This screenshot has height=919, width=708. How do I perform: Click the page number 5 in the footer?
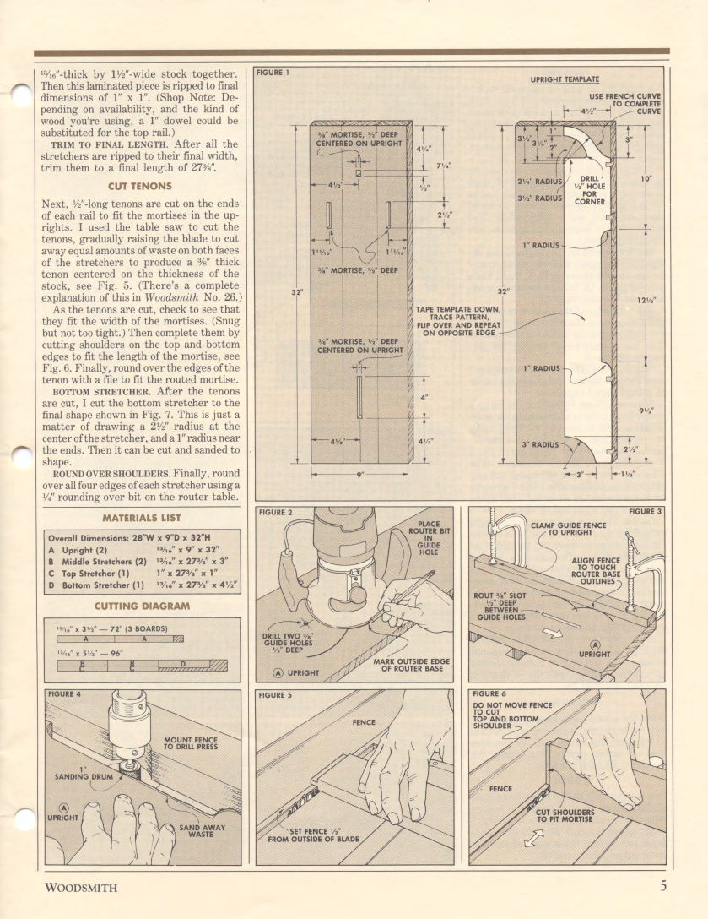coord(664,886)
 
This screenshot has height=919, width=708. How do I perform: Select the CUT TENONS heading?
coord(140,186)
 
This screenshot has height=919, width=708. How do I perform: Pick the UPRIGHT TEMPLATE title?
coord(565,79)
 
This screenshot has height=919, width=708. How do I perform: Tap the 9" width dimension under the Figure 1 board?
coord(359,475)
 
